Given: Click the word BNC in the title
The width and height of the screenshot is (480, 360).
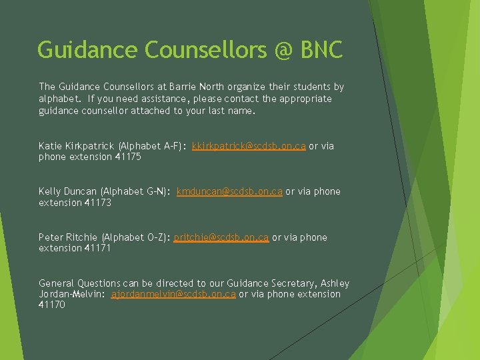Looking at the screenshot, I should pos(321,50).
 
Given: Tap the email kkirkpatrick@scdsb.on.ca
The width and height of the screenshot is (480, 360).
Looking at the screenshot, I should pos(249,145).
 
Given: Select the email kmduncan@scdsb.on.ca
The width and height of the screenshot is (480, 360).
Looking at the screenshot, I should pos(229,191).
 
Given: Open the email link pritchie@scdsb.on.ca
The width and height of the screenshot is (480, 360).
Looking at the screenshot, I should pos(221,237).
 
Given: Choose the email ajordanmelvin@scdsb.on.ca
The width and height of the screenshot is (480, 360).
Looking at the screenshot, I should pos(173,294).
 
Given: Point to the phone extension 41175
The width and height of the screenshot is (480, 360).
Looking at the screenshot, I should pos(128,157).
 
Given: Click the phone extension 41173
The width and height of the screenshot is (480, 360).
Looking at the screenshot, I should pos(98,203).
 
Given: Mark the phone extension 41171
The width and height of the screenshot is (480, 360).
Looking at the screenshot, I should pos(98,248).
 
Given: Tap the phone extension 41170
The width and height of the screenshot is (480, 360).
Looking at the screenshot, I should pos(52,305).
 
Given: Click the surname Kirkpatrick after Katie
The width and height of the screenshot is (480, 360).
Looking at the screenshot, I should pos(89,145).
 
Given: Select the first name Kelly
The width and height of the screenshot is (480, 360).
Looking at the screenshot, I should pos(50,191).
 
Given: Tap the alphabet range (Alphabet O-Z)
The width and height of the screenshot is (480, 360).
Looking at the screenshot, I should pos(136,237).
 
